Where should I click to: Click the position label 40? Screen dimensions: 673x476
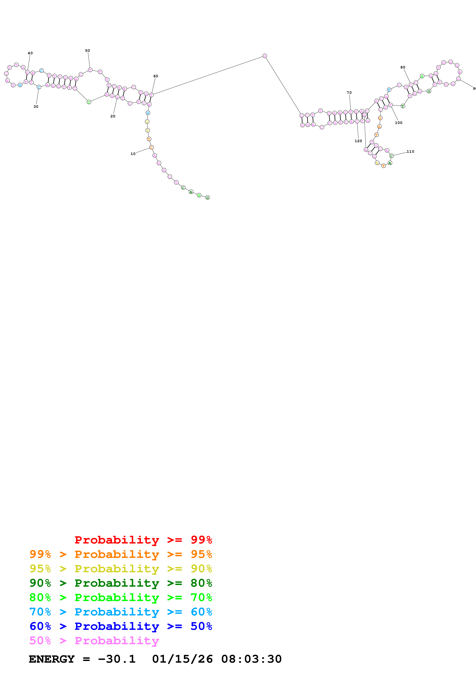coord(30,53)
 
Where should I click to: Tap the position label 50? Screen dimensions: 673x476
coord(87,51)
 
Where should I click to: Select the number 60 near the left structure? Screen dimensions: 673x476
coord(156,76)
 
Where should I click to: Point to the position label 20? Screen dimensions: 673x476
coord(113,116)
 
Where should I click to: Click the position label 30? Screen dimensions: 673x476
coord(36,107)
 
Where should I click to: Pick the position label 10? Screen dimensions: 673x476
coord(133,154)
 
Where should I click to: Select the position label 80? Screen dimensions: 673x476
coord(403,67)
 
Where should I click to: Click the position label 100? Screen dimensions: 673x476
coord(399,123)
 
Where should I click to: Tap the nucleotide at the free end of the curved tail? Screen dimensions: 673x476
coord(207,198)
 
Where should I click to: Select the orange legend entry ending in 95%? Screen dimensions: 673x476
coord(121,554)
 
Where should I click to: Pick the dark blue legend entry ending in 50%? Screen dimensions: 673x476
coord(121,626)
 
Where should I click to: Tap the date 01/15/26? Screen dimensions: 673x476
coord(182,659)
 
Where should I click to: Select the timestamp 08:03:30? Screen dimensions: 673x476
coord(251,659)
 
